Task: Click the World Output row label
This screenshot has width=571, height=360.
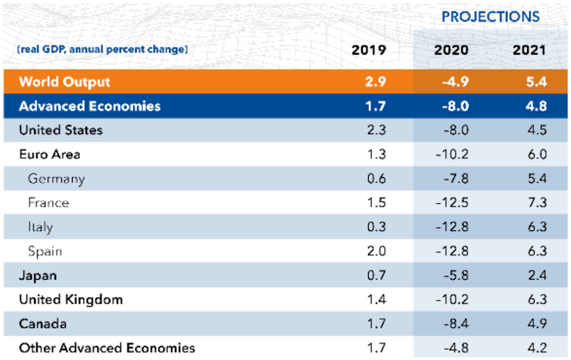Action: [64, 81]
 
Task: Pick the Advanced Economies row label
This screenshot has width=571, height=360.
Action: [89, 105]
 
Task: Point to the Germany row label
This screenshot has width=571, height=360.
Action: [56, 179]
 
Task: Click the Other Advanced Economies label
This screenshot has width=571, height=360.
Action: [107, 348]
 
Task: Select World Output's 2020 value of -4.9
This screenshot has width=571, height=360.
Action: [452, 81]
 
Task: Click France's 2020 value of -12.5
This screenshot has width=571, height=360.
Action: [452, 202]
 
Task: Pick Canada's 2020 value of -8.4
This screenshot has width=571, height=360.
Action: [452, 324]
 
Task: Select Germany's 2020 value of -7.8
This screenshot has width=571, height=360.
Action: [452, 179]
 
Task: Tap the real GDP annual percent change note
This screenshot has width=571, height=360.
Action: [101, 50]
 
